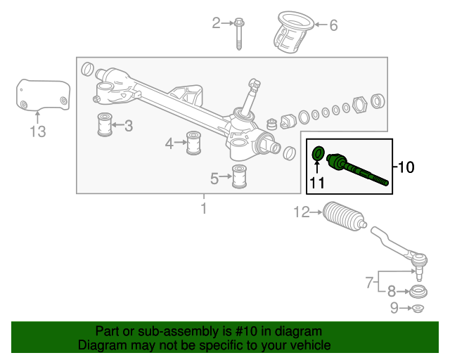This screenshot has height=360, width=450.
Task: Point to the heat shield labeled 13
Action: pos(43,96)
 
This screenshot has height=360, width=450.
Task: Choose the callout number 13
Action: pos(37,131)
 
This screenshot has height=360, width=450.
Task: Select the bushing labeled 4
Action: pos(193,143)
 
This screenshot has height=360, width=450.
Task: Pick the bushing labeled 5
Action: pos(240,176)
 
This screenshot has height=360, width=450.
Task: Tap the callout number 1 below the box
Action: pos(204,209)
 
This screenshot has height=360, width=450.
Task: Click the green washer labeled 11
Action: pos(317,152)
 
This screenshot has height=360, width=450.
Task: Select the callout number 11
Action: pos(316,184)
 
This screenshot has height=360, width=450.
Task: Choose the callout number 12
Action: pos(301,212)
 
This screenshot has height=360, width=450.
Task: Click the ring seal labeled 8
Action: pos(418,291)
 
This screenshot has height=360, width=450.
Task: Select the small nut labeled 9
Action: pos(417,308)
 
